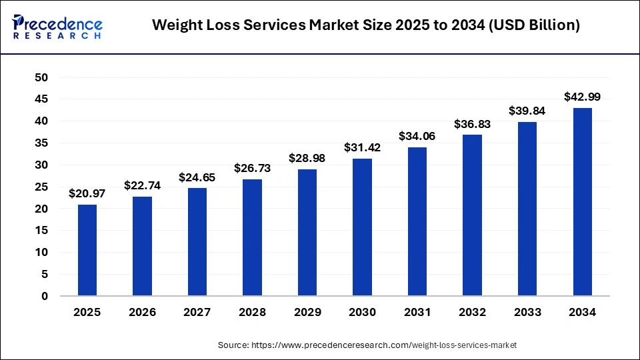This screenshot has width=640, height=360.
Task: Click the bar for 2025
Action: (87, 250)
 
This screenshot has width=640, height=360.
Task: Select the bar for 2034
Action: (582, 202)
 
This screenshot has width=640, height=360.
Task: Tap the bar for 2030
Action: (362, 227)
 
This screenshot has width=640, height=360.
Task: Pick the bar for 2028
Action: (252, 237)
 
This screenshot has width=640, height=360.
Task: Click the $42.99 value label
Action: (582, 97)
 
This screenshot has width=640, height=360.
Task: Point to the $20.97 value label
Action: (87, 193)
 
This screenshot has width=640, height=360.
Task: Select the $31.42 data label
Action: (362, 147)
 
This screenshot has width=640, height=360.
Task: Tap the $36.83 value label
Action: (472, 124)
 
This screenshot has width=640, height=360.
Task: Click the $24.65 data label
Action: (197, 177)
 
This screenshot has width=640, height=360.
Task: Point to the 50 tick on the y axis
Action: (41, 77)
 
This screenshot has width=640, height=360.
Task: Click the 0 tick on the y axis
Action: (45, 296)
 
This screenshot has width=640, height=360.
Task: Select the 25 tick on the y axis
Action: (41, 187)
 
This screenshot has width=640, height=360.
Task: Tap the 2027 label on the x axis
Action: (197, 312)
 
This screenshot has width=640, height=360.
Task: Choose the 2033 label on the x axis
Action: (527, 312)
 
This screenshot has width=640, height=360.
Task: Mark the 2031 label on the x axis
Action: (417, 312)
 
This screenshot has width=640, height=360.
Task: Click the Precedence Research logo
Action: (57, 26)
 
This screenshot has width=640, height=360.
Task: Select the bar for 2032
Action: (472, 215)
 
